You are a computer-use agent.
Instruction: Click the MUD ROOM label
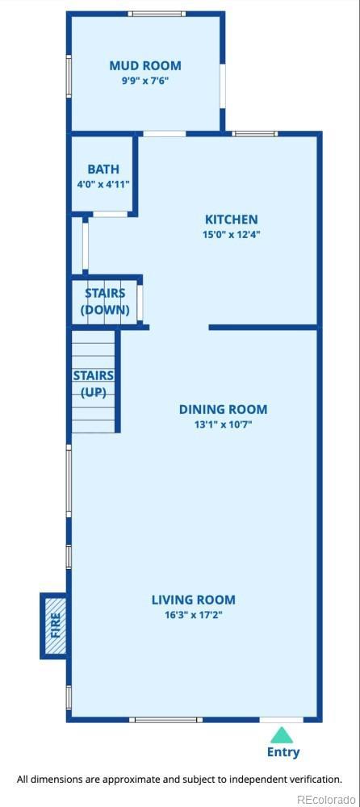[x=145, y=65]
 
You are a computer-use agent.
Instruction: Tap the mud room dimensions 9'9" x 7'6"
[x=145, y=81]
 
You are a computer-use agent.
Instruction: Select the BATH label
[x=103, y=169]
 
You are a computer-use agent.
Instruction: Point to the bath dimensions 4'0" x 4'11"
[x=103, y=184]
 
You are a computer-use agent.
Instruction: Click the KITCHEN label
[x=231, y=220]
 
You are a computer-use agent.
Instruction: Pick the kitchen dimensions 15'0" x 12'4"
[x=231, y=235]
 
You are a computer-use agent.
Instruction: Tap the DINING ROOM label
[x=223, y=410]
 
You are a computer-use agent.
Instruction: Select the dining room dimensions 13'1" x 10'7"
[x=223, y=424]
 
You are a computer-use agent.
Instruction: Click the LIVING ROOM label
[x=193, y=600]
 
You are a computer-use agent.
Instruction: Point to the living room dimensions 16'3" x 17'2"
[x=193, y=614]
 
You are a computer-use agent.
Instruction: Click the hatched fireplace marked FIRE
[x=55, y=626]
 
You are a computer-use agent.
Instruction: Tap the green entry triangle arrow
[x=281, y=735]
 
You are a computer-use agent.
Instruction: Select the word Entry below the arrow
[x=283, y=752]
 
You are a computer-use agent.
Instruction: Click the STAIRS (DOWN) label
[x=106, y=302]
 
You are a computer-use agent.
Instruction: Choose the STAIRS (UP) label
[x=93, y=383]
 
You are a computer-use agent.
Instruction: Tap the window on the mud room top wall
[x=156, y=14]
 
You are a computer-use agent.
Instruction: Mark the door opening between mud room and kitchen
[x=165, y=133]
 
